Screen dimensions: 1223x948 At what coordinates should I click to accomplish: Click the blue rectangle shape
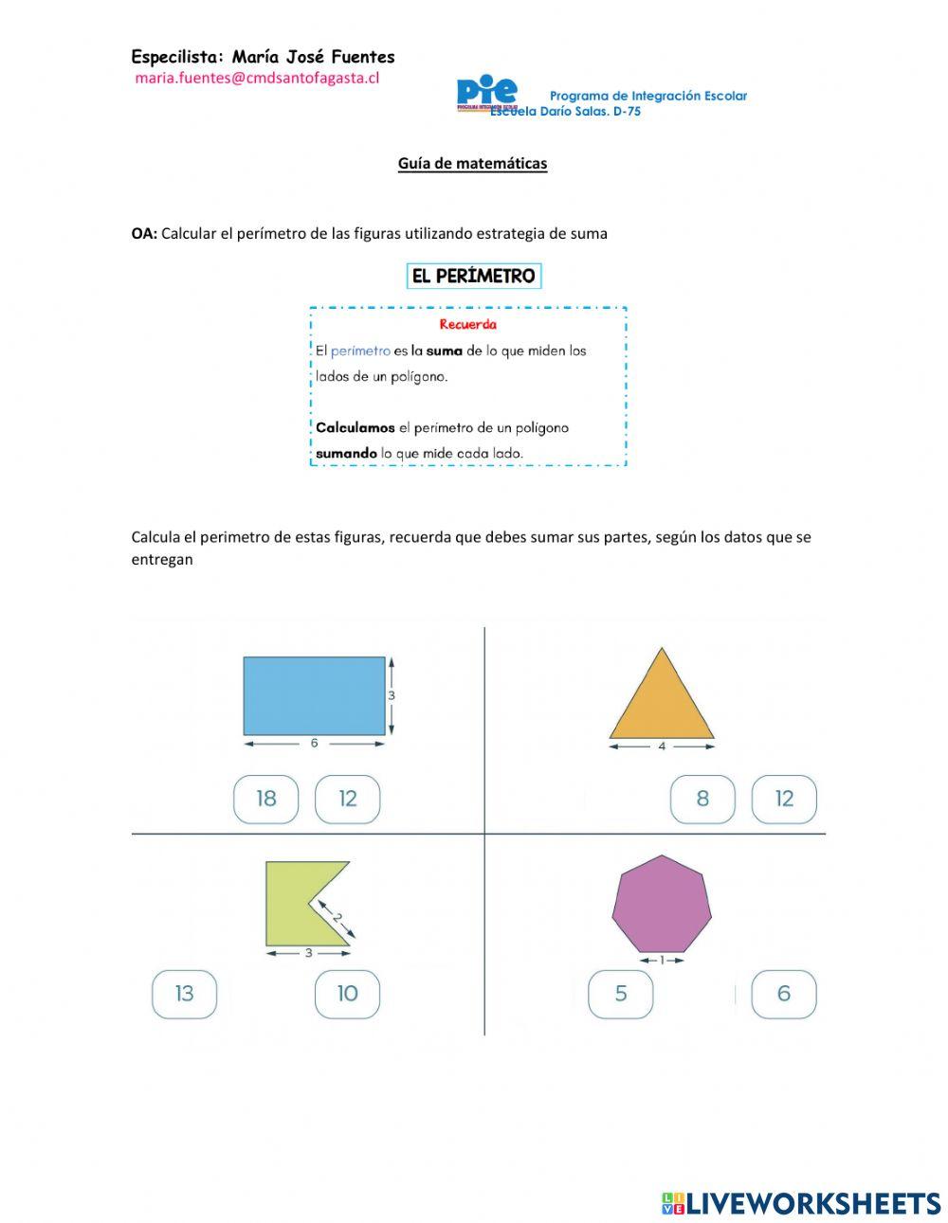pyautogui.click(x=314, y=695)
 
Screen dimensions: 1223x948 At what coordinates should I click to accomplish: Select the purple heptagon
pyautogui.click(x=662, y=905)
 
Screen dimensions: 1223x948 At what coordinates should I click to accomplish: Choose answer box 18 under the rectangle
pyautogui.click(x=266, y=799)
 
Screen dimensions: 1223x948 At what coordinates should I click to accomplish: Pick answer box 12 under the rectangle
pyautogui.click(x=348, y=799)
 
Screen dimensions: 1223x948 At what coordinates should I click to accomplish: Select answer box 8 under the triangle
pyautogui.click(x=702, y=799)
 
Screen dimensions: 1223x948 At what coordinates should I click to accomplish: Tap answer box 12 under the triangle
pyautogui.click(x=784, y=799)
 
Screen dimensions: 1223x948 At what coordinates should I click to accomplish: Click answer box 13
pyautogui.click(x=185, y=994)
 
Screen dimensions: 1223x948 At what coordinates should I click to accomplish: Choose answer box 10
pyautogui.click(x=348, y=994)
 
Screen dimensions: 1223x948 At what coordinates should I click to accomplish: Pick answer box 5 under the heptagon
pyautogui.click(x=621, y=994)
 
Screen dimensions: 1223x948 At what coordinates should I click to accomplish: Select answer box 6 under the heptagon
pyautogui.click(x=784, y=994)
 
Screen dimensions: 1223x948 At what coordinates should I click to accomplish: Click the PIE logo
pyautogui.click(x=486, y=93)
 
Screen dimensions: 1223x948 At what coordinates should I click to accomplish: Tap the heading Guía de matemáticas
pyautogui.click(x=472, y=163)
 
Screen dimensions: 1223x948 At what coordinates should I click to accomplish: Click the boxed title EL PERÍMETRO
pyautogui.click(x=473, y=276)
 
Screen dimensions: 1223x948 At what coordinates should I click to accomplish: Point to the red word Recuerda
pyautogui.click(x=467, y=324)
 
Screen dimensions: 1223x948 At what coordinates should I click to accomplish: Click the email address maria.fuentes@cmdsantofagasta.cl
pyautogui.click(x=257, y=79)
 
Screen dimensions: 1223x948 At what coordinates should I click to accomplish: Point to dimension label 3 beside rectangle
pyautogui.click(x=392, y=695)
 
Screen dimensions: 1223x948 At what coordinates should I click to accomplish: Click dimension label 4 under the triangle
pyautogui.click(x=662, y=746)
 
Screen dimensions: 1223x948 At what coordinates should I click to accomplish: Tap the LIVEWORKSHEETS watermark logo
pyautogui.click(x=801, y=1203)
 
